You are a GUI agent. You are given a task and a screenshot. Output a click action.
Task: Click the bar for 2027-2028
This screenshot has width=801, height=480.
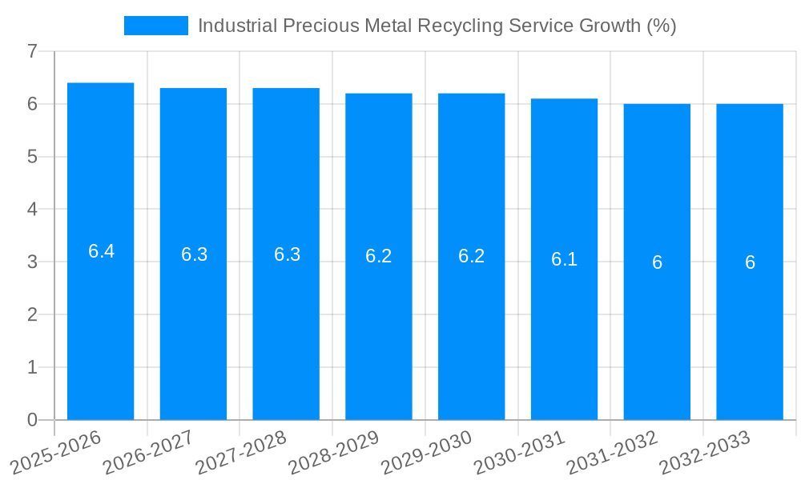point(286,336)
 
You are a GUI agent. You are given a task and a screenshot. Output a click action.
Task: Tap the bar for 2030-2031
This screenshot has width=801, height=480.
point(564,336)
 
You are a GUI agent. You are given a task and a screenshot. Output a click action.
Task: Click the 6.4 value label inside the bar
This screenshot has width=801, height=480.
point(101,251)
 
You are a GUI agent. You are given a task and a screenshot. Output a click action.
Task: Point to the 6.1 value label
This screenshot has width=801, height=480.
point(564,259)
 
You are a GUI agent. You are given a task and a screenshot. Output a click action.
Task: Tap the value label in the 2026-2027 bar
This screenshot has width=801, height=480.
point(194,254)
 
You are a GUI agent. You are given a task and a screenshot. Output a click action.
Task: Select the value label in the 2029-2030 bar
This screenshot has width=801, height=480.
point(472,257)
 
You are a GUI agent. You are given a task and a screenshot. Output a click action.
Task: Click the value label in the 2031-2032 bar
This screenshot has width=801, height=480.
point(657,262)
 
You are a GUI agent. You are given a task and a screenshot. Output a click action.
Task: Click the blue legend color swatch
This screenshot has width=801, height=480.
point(155,26)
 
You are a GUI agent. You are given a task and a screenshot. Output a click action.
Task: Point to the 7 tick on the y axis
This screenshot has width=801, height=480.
point(32,51)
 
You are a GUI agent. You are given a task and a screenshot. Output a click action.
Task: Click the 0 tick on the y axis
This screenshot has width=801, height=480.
point(32,420)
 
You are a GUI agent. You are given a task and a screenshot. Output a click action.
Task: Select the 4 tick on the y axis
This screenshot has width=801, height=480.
point(32,210)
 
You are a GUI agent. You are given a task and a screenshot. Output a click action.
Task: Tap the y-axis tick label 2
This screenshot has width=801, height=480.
point(32,314)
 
